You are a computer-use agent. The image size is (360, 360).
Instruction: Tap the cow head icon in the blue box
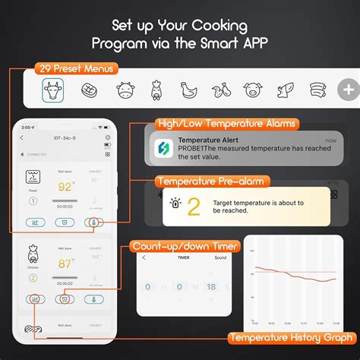53,90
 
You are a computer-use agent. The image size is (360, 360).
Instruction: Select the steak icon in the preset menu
89,90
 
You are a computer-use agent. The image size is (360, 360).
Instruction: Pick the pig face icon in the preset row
252,90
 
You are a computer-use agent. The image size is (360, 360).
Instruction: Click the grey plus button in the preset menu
349,90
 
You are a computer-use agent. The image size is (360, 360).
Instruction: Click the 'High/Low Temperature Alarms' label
226,123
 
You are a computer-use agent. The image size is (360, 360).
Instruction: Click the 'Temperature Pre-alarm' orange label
213,181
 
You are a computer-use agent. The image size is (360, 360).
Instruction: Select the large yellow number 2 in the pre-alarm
194,207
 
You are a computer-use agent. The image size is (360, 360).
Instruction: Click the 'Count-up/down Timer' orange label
185,247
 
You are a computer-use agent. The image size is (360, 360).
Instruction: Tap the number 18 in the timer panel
210,287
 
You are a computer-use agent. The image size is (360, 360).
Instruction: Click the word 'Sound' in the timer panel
220,257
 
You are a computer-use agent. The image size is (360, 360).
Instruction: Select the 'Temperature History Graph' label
292,337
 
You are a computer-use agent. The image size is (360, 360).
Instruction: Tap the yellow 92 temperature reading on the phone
65,186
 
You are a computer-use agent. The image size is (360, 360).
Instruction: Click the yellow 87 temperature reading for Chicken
65,264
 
